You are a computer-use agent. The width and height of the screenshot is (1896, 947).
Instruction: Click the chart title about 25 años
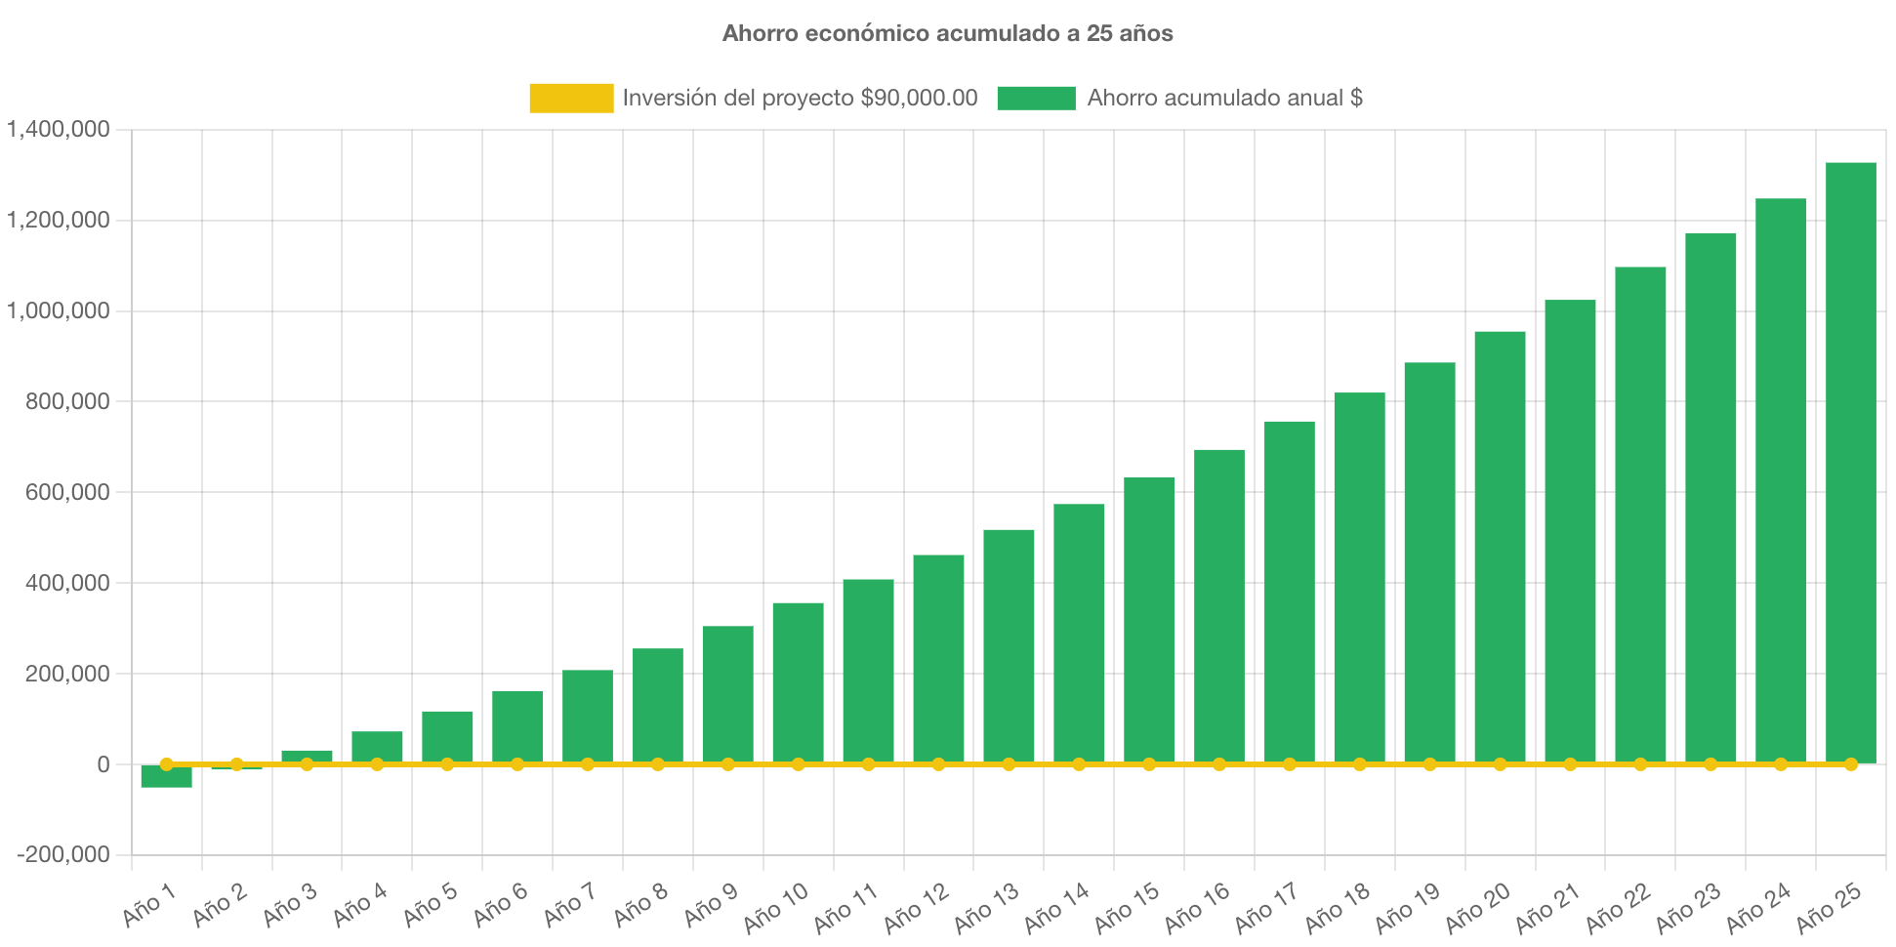(x=947, y=33)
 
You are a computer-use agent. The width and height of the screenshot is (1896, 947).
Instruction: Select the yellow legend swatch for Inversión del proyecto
(x=571, y=98)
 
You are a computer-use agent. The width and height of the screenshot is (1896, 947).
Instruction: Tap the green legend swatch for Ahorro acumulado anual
(x=1036, y=98)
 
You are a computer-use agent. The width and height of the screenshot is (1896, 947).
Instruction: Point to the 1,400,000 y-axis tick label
(x=59, y=129)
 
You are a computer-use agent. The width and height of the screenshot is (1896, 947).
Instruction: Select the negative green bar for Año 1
(x=166, y=778)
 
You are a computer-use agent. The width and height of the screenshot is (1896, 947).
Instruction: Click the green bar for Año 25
(x=1851, y=459)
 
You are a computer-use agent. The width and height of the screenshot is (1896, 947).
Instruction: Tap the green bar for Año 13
(x=1009, y=644)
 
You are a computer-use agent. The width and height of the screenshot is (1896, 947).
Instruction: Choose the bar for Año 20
(x=1500, y=547)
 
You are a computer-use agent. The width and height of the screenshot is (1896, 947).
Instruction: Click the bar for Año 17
(x=1289, y=591)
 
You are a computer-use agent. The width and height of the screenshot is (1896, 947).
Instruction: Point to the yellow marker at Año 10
(x=798, y=764)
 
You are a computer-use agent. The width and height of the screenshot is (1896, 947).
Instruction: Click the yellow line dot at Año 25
(x=1851, y=764)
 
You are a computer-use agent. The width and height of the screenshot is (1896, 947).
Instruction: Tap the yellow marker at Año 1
(x=166, y=764)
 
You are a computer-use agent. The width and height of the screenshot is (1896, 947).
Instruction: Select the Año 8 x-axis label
(x=640, y=904)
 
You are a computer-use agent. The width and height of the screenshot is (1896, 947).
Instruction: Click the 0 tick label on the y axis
(x=103, y=765)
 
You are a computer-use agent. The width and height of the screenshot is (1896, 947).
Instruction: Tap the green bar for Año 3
(x=307, y=756)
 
